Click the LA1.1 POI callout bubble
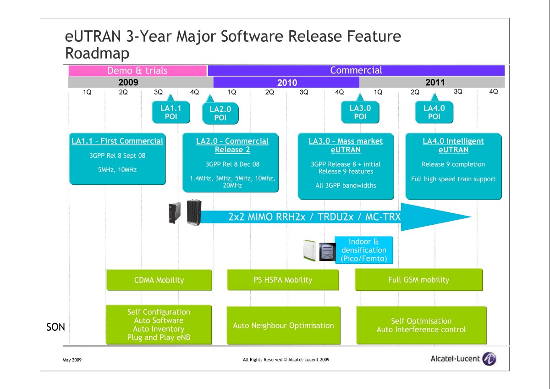pos(171,112)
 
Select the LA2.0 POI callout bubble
pos(220,113)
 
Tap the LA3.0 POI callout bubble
pos(360,112)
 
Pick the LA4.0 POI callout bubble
pos(434,112)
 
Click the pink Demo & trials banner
pos(137,71)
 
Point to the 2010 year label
pos(287,82)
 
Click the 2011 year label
pos(435,82)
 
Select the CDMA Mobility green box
pos(159,280)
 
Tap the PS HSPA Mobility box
pos(283,280)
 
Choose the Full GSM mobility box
pos(418,280)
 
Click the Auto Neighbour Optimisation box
pos(283,325)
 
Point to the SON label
pos(55,327)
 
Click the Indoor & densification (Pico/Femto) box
pos(363,250)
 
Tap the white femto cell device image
pos(309,250)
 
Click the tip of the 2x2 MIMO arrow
pos(472,217)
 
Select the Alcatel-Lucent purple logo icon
pos(489,359)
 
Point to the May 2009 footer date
pos(72,360)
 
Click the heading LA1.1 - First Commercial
pos(117,141)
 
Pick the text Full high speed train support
pos(453,179)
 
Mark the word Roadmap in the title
pos(97,53)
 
